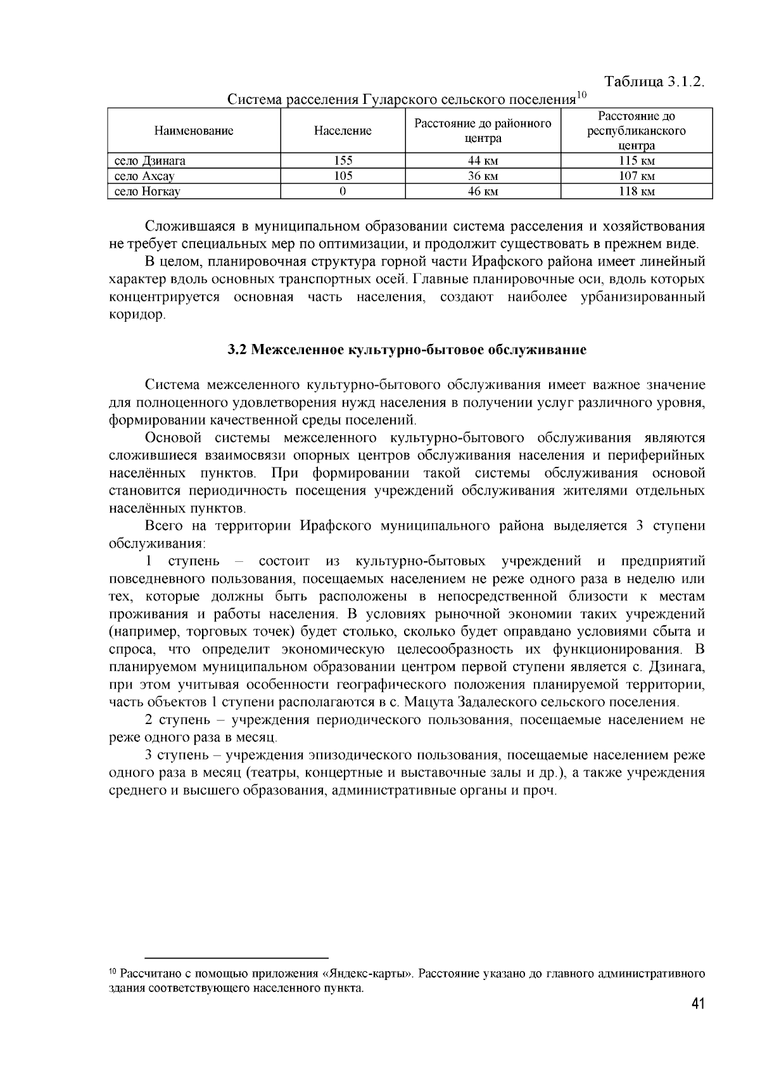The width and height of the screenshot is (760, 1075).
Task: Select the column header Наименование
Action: pos(194,131)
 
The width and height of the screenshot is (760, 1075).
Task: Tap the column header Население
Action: pos(343,131)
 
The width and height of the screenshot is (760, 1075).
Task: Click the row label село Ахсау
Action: pos(144,176)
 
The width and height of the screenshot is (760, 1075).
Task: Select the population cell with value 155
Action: pos(343,161)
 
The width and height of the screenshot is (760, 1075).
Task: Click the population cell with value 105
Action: pos(343,176)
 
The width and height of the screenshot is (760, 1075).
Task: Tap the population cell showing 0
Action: pos(343,191)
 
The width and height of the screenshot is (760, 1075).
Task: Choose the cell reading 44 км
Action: pos(483,161)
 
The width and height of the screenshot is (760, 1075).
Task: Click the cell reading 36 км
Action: pos(483,176)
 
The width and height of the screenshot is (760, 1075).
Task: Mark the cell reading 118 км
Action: pos(636,191)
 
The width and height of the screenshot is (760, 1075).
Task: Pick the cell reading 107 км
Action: pos(636,176)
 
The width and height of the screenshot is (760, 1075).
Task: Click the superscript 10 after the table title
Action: pos(582,96)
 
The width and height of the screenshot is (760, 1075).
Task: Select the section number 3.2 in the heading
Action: pos(236,350)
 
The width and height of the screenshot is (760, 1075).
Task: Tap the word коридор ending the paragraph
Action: pos(137,315)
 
